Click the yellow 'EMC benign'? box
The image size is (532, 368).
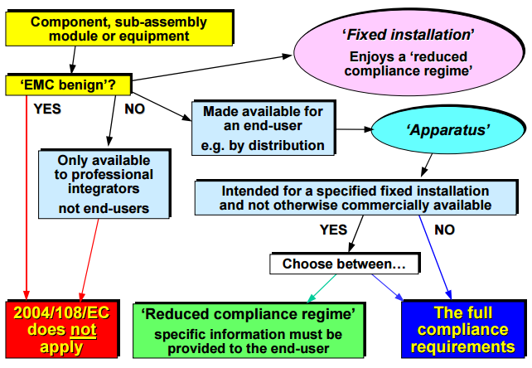coord(68,85)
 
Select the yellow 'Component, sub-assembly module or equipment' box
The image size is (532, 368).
coord(119,28)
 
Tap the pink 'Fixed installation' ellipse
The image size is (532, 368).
coord(409,52)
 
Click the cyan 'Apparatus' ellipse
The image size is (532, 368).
coord(447,130)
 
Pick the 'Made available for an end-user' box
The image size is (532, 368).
coord(264,128)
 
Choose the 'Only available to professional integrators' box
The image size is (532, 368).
coord(104,184)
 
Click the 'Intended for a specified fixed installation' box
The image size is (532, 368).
coord(355,198)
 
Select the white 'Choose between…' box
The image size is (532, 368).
coord(345,264)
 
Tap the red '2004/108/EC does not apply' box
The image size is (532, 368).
coord(62,329)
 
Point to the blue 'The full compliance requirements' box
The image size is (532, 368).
coord(462,329)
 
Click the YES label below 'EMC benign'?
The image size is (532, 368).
coord(47,109)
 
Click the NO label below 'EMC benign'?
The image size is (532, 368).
coord(135,109)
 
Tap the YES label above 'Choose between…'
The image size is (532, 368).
coord(333,230)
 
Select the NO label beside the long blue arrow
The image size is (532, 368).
coord(444,230)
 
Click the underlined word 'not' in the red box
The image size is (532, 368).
coord(83,330)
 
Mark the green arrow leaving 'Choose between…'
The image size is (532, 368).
coord(322,288)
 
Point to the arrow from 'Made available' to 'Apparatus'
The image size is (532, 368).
coord(354,129)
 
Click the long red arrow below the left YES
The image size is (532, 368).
coord(27,198)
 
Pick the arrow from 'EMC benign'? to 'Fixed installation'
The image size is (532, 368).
coord(212,68)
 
